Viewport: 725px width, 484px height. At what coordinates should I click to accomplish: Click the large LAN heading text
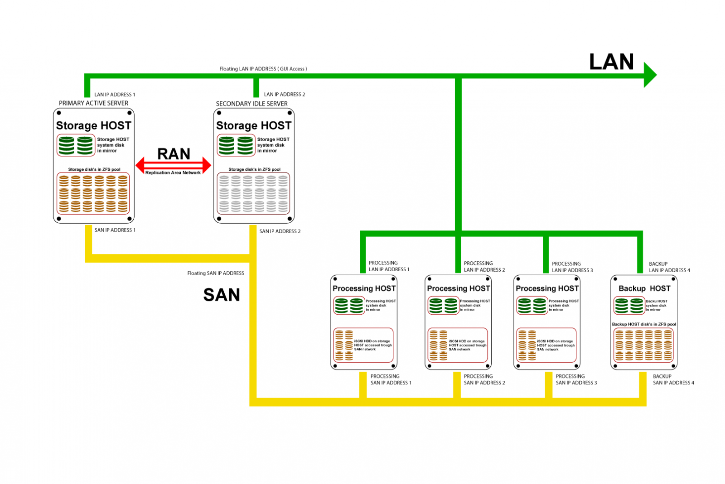coord(611,62)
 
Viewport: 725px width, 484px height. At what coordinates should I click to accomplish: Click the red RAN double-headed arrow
coord(173,165)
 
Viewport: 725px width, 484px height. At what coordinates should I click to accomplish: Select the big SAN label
coord(221,295)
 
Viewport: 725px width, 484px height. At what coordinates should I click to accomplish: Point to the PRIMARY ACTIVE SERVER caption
coord(93,103)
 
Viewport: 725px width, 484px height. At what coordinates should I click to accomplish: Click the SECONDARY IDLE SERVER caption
coord(251,104)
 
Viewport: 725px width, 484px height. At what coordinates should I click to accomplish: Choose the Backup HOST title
coord(644,288)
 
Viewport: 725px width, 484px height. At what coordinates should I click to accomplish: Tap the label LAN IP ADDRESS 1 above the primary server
coord(115,95)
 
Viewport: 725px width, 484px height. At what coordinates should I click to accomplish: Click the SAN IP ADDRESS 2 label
coord(280,231)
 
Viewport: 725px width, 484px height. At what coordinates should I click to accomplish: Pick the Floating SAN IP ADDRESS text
coord(216,273)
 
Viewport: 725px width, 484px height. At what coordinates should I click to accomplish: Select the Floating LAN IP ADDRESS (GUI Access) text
coord(263,69)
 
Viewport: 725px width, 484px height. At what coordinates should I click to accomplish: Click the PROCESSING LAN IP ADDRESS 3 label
coord(572,267)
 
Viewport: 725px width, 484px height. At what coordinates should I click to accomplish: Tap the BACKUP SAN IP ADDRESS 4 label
coord(673,379)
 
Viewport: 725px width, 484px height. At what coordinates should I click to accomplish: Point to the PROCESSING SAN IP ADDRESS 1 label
coord(391,379)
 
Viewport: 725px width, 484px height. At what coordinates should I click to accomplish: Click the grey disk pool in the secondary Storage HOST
coord(253,194)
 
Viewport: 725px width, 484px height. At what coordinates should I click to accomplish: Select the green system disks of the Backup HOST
coord(629,306)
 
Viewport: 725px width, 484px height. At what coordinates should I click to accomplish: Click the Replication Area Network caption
coord(173,173)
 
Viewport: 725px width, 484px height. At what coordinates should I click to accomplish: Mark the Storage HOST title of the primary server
coord(93,125)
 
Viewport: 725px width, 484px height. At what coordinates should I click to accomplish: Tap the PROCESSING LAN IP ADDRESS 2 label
coord(484,267)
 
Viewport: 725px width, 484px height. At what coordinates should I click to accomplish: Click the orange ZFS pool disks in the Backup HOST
coord(643,345)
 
